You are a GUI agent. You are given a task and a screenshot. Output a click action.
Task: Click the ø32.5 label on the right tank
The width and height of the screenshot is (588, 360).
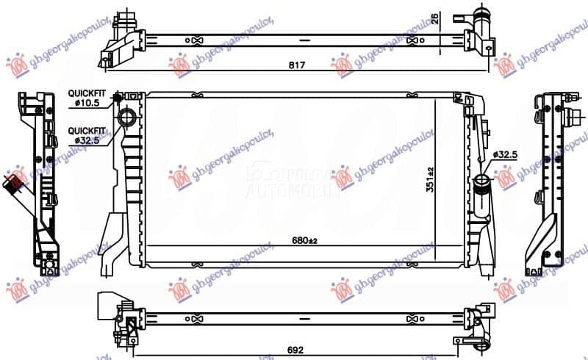coord(505,155)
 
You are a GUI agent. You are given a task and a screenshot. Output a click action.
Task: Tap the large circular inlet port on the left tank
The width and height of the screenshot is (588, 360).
coord(127,118)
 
